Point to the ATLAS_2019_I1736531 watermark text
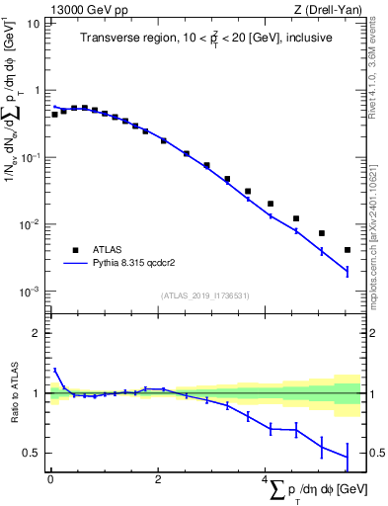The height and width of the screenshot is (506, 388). (x=204, y=295)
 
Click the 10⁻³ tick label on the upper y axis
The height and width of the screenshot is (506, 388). (x=31, y=292)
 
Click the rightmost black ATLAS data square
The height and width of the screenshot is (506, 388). (x=348, y=250)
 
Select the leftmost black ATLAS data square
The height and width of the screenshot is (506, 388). (x=54, y=115)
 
